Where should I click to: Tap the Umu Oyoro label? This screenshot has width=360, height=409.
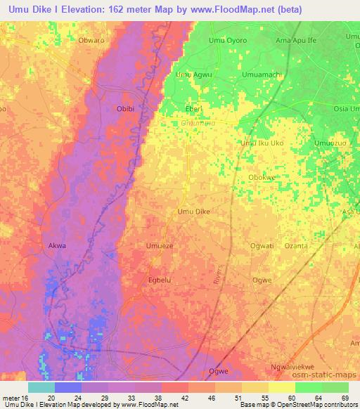pyautogui.click(x=229, y=40)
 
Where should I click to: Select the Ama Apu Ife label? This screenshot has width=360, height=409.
pyautogui.click(x=297, y=40)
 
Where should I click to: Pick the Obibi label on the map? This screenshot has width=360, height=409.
pyautogui.click(x=125, y=109)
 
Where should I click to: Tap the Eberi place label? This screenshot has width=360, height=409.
pyautogui.click(x=193, y=109)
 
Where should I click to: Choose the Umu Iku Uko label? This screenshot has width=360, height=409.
pyautogui.click(x=262, y=143)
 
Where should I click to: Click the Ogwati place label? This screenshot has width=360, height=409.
pyautogui.click(x=262, y=246)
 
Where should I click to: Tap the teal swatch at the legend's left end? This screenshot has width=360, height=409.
pyautogui.click(x=41, y=387)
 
